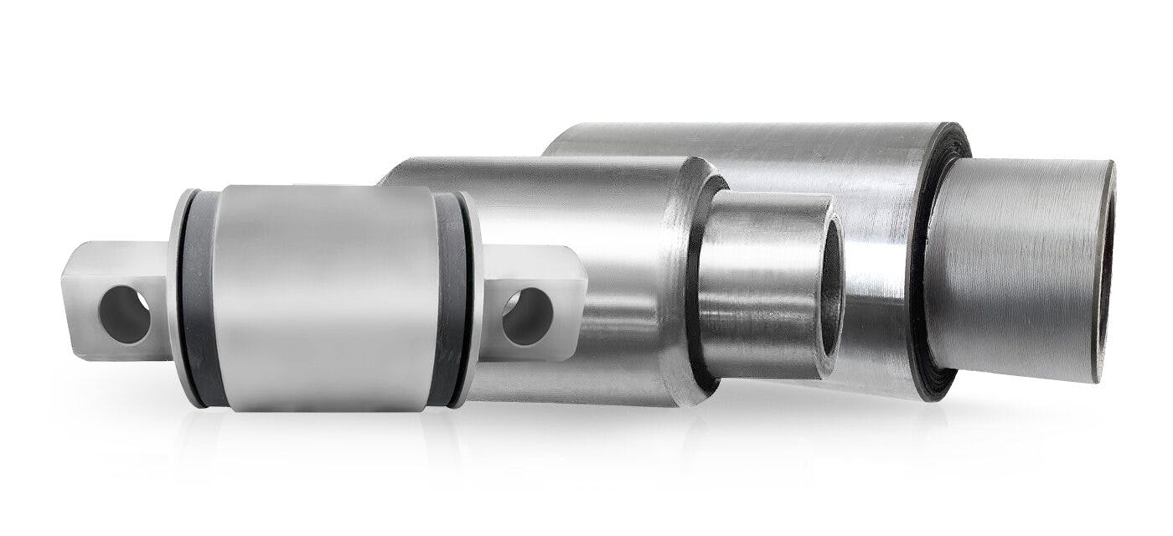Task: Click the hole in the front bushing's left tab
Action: point(125,314)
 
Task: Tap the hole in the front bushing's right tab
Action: point(527,316)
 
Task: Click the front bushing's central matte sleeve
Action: point(327,297)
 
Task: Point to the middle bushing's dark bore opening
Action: point(831,285)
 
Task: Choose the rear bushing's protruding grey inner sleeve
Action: point(1014,268)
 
